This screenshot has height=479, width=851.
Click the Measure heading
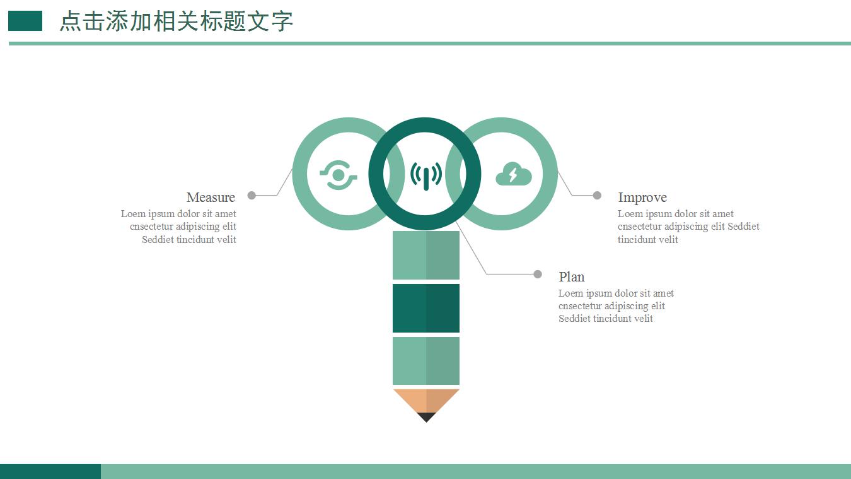click(211, 198)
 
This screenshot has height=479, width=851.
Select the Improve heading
click(642, 198)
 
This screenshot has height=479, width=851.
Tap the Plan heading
click(571, 277)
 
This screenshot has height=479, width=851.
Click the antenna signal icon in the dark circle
click(425, 175)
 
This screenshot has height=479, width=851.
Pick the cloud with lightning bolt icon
click(513, 174)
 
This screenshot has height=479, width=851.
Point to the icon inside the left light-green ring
click(339, 175)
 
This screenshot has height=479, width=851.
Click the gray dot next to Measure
click(252, 196)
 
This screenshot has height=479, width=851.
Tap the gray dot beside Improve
click(597, 196)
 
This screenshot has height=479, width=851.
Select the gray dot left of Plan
click(538, 274)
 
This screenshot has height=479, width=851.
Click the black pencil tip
click(426, 417)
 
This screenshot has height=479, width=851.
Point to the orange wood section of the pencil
click(426, 399)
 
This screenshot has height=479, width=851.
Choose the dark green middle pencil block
click(426, 308)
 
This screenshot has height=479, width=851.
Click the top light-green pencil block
click(426, 255)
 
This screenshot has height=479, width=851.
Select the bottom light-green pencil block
click(426, 361)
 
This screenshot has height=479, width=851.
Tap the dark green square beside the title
click(25, 21)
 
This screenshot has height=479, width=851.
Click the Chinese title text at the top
click(177, 21)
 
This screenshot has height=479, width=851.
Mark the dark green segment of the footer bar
click(50, 471)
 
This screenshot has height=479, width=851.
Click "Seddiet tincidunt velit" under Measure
click(189, 240)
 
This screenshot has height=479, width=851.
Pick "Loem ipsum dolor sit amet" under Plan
click(616, 293)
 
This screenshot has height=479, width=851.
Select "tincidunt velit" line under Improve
click(648, 240)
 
